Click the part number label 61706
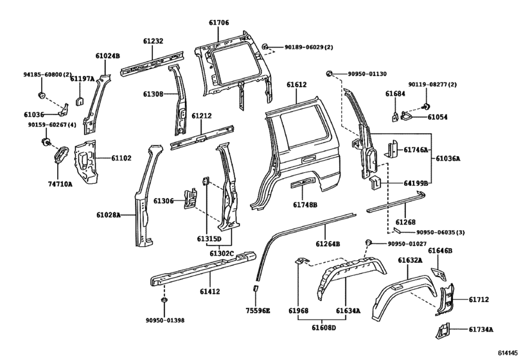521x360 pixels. coord(218,22)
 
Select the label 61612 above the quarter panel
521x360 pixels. coord(297,85)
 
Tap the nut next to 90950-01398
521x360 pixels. coord(164,300)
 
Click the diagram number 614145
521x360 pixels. coord(508,353)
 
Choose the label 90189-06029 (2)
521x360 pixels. coord(308,47)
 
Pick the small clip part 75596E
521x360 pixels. coord(256,288)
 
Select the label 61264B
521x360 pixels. coord(328,244)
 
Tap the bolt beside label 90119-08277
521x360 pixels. coord(425,107)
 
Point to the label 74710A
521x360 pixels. coord(60,183)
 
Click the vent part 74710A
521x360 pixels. coord(60,154)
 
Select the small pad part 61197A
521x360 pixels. coord(80,100)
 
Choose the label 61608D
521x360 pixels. coord(324,328)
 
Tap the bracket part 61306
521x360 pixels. coord(190,199)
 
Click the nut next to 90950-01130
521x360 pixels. coord(330,73)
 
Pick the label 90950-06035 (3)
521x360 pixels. coord(441,232)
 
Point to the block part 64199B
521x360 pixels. coord(375,183)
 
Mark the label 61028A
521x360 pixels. coord(109,215)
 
